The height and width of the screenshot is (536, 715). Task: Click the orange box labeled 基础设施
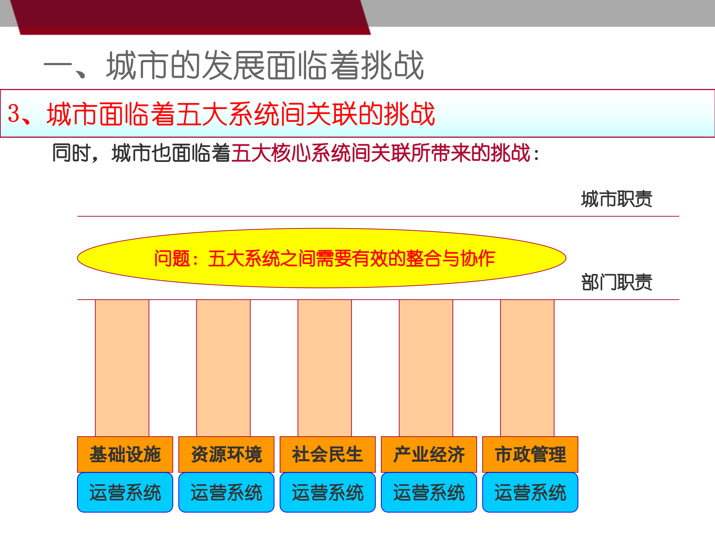125,454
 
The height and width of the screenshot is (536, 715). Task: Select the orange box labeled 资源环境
226,454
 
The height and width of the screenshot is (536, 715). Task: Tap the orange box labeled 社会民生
328,454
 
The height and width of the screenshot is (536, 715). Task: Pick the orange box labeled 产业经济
429,454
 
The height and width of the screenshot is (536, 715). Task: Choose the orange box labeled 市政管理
530,454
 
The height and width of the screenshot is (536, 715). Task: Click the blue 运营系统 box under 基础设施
125,492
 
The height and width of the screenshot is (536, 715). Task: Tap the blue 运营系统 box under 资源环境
226,492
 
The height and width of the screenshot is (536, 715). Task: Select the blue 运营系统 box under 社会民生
328,492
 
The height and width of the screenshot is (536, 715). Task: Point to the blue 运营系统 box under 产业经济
429,492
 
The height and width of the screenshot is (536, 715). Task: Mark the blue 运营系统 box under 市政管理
530,492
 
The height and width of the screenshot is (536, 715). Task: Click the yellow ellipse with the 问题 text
322,258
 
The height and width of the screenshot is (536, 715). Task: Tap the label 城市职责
617,199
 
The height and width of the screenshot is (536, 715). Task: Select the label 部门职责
617,282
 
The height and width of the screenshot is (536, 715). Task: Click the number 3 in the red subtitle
13,113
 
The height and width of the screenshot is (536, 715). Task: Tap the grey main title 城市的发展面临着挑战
264,66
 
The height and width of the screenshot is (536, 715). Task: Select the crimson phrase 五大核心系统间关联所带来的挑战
381,153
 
